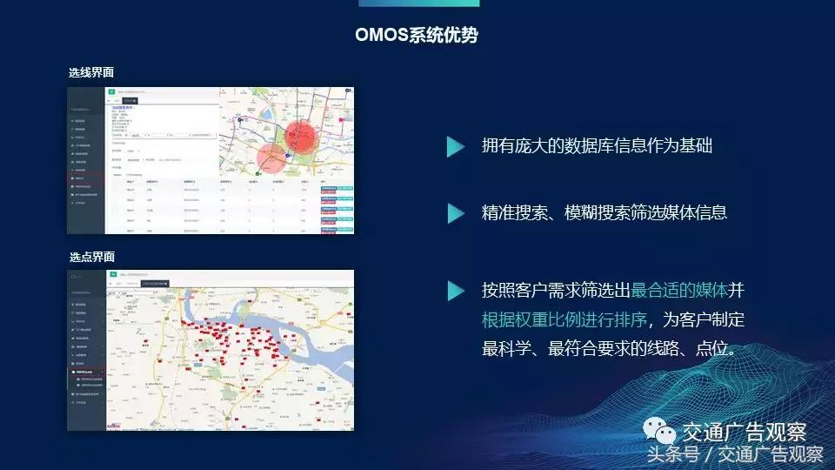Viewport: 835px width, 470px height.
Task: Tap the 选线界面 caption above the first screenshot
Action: (x=91, y=73)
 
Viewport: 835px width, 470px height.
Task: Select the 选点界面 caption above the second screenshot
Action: (x=91, y=258)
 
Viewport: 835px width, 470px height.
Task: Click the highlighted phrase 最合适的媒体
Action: (x=679, y=290)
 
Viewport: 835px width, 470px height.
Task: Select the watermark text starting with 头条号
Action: (x=734, y=454)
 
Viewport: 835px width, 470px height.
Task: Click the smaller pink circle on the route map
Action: (x=273, y=158)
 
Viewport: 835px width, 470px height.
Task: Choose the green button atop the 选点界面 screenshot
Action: (x=111, y=274)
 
